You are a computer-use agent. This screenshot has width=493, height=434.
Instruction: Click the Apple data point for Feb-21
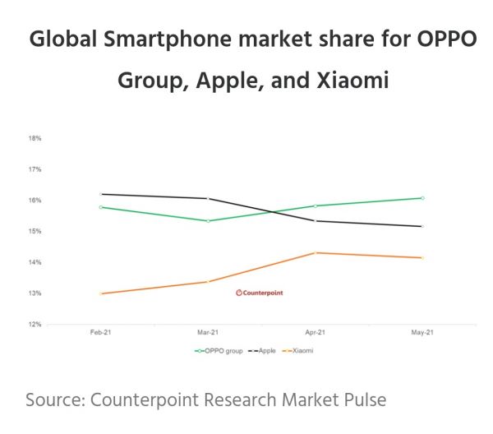pyautogui.click(x=101, y=194)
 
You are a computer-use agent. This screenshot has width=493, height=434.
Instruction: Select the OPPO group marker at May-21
pyautogui.click(x=422, y=198)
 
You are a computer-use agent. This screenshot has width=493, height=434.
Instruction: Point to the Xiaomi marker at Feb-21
pyautogui.click(x=101, y=293)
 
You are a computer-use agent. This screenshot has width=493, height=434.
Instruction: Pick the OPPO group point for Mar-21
pyautogui.click(x=208, y=221)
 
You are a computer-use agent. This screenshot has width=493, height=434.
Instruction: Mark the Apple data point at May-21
pyautogui.click(x=422, y=226)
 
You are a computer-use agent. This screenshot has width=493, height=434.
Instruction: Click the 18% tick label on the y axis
pyautogui.click(x=35, y=138)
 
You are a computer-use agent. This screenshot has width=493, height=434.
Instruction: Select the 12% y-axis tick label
pyautogui.click(x=35, y=324)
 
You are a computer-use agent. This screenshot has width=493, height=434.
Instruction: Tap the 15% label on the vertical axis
pyautogui.click(x=35, y=231)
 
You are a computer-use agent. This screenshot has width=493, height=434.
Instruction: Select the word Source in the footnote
pyautogui.click(x=53, y=400)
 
